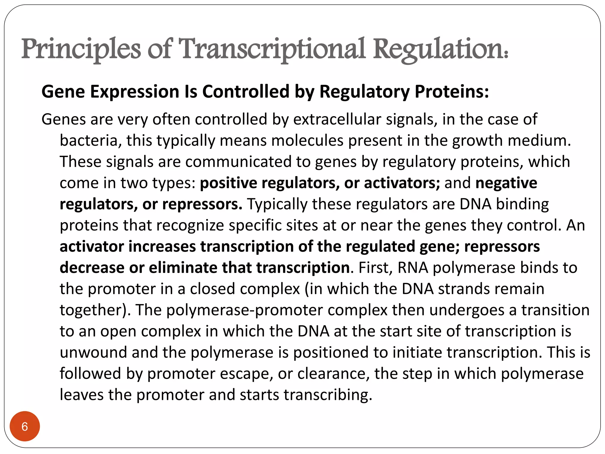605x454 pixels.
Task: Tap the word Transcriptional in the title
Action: pos(272,49)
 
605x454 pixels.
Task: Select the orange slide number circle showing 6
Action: pos(25,426)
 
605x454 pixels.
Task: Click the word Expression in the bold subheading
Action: pos(135,91)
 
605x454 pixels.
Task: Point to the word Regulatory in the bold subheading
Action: pos(365,91)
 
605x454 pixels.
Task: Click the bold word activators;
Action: pos(402,183)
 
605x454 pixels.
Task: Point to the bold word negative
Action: pos(506,183)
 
